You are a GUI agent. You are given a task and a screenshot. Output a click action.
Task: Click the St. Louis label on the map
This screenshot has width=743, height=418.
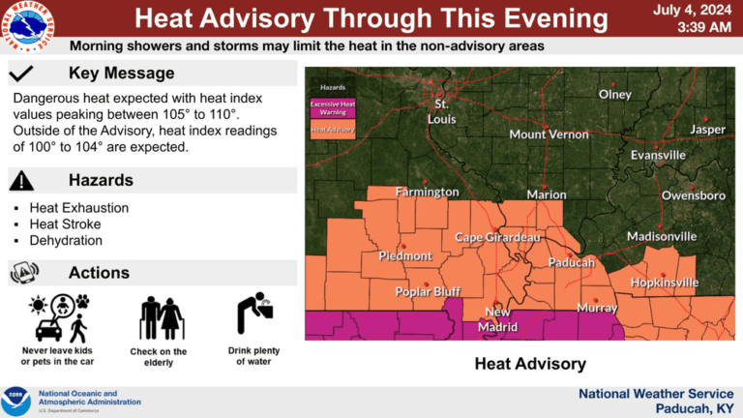point(442,111)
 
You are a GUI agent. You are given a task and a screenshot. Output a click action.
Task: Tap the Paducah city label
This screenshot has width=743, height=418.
point(571,262)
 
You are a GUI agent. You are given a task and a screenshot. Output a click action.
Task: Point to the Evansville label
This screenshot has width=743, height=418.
point(658,155)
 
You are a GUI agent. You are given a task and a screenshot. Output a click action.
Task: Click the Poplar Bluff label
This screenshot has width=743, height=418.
point(426,291)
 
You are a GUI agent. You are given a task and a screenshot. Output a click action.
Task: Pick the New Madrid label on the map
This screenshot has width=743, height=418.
point(497,319)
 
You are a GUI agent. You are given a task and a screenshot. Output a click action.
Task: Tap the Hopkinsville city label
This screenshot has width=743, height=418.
point(664,283)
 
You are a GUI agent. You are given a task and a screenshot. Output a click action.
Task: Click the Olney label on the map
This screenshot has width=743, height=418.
point(615,95)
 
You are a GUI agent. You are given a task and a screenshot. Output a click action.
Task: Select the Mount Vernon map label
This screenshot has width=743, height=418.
point(549,134)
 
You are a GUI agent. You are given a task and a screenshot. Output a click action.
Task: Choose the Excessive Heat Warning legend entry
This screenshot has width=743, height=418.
point(332,107)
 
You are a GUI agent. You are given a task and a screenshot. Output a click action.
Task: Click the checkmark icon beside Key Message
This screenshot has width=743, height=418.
point(21,74)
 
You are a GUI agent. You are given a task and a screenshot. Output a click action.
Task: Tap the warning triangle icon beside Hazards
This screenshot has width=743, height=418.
point(21,180)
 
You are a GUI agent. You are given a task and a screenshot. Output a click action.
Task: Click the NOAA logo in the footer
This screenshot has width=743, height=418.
point(17,400)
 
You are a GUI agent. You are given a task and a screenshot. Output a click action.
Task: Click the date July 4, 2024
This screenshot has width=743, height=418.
point(693,10)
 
